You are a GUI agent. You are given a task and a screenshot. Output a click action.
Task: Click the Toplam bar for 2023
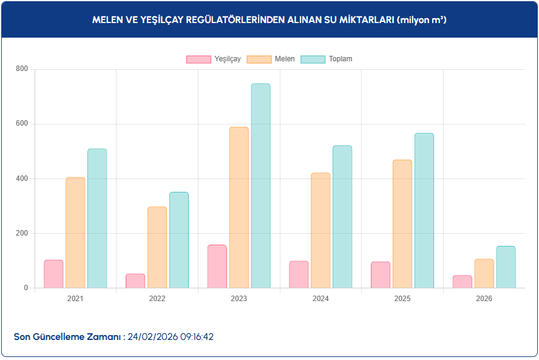[x=260, y=186]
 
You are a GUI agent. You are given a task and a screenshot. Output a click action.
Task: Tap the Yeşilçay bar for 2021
[x=53, y=274]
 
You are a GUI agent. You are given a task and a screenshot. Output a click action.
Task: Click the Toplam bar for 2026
[x=506, y=267]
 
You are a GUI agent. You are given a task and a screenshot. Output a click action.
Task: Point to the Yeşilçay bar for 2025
[x=381, y=275]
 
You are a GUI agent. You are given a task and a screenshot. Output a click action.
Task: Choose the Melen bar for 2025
[x=402, y=224]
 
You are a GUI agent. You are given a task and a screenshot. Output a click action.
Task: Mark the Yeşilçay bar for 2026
[x=462, y=282]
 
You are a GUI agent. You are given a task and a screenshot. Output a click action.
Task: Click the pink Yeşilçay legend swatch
[x=198, y=59]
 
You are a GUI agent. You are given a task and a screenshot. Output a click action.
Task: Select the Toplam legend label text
[x=341, y=59]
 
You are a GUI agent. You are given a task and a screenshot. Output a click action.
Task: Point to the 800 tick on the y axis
[x=22, y=69]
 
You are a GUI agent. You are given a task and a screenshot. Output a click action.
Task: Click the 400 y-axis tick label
[x=22, y=178]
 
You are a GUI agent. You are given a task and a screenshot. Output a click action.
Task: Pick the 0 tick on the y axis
[x=25, y=288]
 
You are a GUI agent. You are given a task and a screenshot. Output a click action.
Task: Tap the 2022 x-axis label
[x=157, y=299]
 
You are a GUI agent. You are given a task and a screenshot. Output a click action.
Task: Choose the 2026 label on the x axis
[x=484, y=299]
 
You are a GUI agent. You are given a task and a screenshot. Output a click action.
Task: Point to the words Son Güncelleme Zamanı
[x=67, y=336]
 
